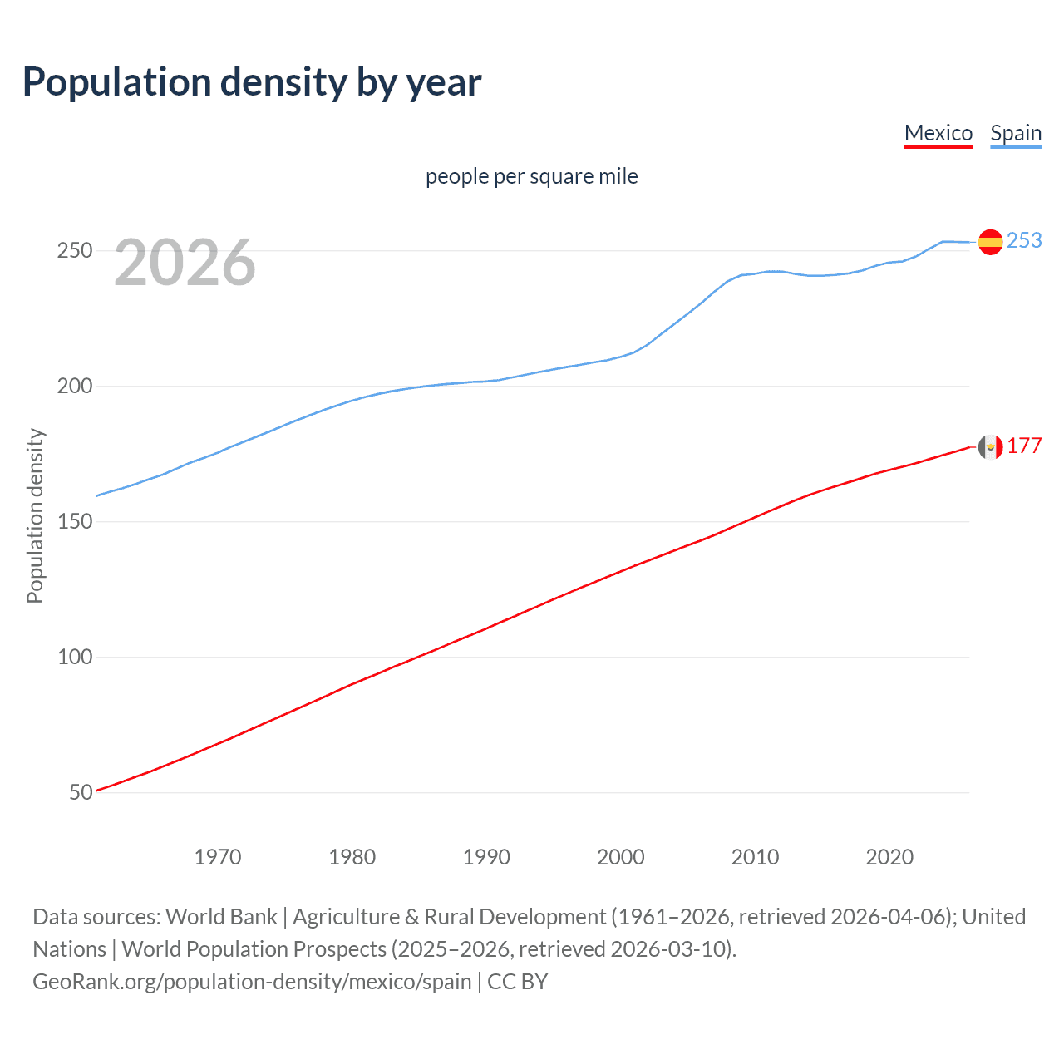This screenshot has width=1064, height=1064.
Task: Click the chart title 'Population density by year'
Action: point(252,82)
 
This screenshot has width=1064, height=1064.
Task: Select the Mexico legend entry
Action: point(938,133)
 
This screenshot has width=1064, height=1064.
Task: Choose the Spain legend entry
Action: point(1016,133)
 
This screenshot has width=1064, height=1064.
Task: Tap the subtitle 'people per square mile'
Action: point(531,176)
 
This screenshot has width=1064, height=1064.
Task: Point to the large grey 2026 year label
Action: point(185,263)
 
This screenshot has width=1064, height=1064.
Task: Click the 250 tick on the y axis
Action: point(75,250)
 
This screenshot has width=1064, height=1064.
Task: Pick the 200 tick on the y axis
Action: point(75,386)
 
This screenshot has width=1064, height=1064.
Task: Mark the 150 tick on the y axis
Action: point(75,521)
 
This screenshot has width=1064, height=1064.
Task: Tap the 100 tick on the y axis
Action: point(75,657)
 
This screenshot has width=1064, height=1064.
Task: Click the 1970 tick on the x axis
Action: point(218,857)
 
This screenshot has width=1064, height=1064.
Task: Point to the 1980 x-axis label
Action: point(352,857)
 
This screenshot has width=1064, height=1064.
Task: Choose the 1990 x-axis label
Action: point(486,857)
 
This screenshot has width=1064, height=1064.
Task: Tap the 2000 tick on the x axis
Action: point(621,857)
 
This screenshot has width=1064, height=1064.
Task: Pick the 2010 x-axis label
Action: point(755,857)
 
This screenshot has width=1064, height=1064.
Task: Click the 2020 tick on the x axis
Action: point(889,857)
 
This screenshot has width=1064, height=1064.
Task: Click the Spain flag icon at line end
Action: point(990,242)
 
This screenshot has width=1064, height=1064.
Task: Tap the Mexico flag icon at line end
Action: point(990,447)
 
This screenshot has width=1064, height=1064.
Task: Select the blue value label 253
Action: point(1024,240)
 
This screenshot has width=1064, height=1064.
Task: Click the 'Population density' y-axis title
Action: point(35,515)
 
